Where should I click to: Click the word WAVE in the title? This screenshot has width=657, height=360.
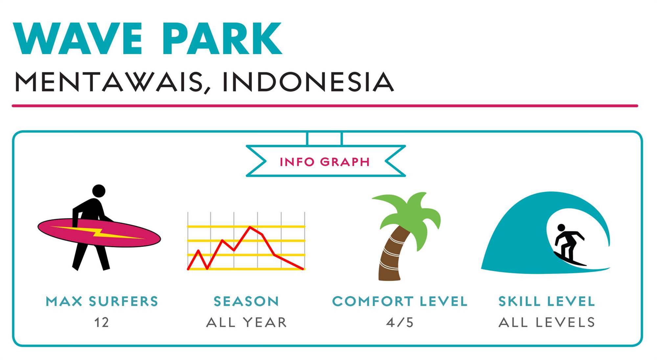point(78,38)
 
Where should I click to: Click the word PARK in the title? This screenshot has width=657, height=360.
point(222,38)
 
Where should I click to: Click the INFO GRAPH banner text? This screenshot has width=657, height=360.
point(325,162)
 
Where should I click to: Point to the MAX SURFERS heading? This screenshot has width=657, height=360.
point(102,301)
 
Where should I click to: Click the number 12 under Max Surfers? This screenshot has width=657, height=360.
point(102,323)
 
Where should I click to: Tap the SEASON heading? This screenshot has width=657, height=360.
point(246,301)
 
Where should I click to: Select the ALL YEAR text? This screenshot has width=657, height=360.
point(246,323)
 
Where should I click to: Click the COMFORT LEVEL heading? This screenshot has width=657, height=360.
point(400,301)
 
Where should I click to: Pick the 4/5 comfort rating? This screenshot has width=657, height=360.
point(400,323)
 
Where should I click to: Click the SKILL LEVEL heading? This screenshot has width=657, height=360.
point(547,301)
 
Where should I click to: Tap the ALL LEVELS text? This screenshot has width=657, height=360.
point(547,323)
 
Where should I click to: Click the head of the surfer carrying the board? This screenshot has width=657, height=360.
point(99,191)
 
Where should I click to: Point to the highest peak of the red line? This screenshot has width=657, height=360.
point(250,227)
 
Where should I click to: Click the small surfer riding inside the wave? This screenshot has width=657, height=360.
point(568,245)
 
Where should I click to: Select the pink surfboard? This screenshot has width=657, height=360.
point(99,232)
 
